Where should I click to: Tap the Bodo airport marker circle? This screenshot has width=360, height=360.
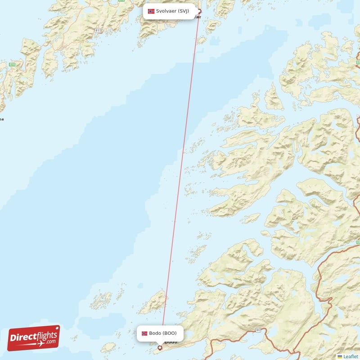click(x=160, y=348)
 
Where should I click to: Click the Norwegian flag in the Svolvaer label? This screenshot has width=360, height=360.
click(x=151, y=11)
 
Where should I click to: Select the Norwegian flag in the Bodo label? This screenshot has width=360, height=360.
click(x=144, y=333)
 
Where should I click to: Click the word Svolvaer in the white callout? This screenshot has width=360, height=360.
click(x=166, y=11)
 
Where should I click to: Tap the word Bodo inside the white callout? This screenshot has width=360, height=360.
click(x=155, y=333)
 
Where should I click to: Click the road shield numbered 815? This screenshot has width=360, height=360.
click(x=99, y=30)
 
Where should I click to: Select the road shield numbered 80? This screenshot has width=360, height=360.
click(x=258, y=330)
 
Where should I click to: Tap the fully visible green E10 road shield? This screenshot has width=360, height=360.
click(x=13, y=65)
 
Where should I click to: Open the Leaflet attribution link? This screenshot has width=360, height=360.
click(x=351, y=356)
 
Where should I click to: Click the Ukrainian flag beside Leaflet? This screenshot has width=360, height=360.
click(x=340, y=356)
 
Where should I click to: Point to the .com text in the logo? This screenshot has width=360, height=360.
click(x=51, y=342)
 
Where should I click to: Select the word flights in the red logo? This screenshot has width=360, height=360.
click(x=45, y=334)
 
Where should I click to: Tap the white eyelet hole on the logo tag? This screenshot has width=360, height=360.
click(x=56, y=329)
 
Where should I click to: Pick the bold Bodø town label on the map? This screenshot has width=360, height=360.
click(x=171, y=342)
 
